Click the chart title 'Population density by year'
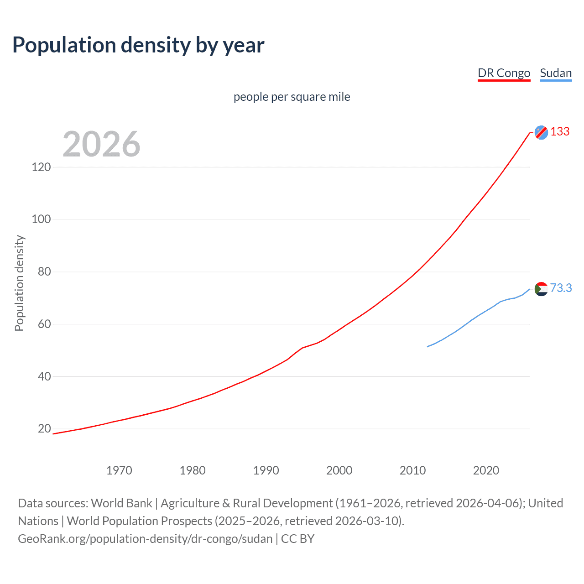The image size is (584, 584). coord(138,45)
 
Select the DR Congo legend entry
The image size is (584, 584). coord(504,73)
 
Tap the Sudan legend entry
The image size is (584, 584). coord(556,73)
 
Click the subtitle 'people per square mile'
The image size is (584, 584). coord(292,97)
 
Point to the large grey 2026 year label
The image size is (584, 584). coord(101,144)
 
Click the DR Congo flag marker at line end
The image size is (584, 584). coord(541,132)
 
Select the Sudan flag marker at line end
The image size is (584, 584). coord(541,289)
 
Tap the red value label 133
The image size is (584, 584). coord(560,132)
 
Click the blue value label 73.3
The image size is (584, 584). coord(561,288)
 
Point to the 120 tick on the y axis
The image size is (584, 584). coord(41,167)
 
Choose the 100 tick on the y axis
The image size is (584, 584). coord(41,219)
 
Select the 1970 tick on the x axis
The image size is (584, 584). coord(119,470)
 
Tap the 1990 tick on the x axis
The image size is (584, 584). coord(266,470)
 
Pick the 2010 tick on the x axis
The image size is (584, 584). coord(412,470)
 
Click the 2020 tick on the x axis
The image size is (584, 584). coord(486,470)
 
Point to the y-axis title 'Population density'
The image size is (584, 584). coord(19,283)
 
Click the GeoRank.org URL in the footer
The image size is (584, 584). coord(145,539)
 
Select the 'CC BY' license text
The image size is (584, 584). coord(297,539)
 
